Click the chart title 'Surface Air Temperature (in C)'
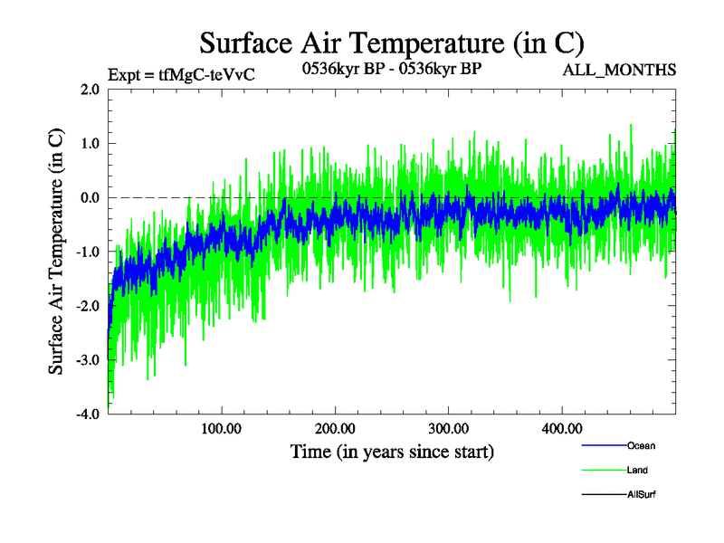(x=391, y=43)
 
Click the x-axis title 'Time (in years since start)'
(x=392, y=451)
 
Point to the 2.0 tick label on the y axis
(x=90, y=89)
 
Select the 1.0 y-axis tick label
(x=90, y=143)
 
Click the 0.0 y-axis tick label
(x=90, y=197)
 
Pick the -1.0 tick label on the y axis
(x=88, y=252)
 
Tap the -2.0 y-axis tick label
(x=88, y=306)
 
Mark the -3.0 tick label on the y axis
(x=88, y=360)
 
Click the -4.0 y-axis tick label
(x=88, y=414)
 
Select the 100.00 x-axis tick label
(x=222, y=428)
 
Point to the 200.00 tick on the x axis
(x=335, y=428)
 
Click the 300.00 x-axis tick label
(x=448, y=428)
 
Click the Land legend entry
(x=637, y=470)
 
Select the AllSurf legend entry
(x=641, y=494)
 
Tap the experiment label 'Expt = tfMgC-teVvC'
(x=181, y=74)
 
